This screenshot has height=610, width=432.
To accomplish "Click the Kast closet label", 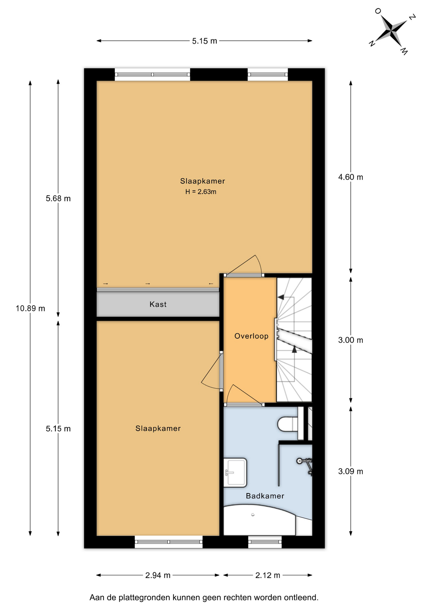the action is [158, 304].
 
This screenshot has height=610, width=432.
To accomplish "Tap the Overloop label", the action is [251, 336].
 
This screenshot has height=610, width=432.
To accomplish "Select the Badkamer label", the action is [265, 496].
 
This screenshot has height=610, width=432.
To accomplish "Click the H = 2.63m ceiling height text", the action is [201, 192].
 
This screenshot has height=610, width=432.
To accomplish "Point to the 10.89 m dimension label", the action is [31, 308].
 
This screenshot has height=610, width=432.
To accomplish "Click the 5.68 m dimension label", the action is [58, 199].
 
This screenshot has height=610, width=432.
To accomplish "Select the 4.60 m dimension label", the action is [351, 177].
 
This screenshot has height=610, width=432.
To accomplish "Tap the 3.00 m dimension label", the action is [351, 340].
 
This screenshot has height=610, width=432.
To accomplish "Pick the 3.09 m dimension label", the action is [351, 471].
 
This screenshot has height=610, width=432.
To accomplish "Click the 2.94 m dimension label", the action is [158, 575].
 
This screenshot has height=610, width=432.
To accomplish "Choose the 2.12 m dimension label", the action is [268, 575].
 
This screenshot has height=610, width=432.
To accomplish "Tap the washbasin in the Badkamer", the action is [235, 472].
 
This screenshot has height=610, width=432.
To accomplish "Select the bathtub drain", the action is [253, 515].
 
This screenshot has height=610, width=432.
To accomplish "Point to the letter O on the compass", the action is [378, 11].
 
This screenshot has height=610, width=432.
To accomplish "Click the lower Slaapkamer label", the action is [158, 429].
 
